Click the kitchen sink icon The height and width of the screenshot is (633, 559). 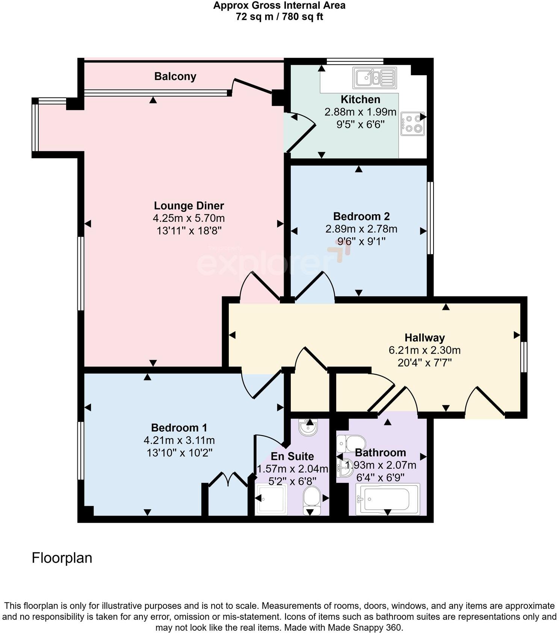[x=375, y=78]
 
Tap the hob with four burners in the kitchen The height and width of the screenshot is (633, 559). [x=412, y=123]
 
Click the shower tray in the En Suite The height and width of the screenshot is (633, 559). [x=271, y=499]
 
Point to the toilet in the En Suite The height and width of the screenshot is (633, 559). [x=311, y=499]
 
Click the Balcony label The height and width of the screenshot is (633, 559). [x=175, y=76]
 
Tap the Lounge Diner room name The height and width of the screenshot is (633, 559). [x=189, y=206]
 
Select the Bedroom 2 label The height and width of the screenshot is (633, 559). [x=361, y=216]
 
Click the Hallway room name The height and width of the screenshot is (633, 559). [x=425, y=337]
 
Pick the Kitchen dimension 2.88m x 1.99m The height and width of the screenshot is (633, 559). [x=360, y=112]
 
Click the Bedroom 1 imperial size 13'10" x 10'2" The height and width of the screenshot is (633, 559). [x=180, y=453]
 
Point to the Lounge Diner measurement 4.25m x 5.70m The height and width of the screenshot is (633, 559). [x=189, y=218]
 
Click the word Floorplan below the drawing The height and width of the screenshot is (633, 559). [x=62, y=558]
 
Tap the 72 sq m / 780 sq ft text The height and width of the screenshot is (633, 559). [x=279, y=17]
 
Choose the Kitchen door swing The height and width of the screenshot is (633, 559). [x=301, y=132]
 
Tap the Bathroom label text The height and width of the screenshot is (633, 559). [x=380, y=452]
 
